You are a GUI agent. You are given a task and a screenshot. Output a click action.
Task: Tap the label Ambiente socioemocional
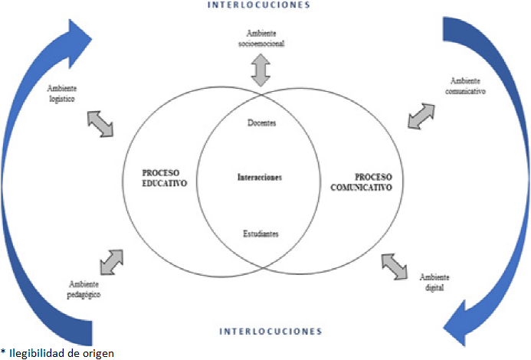261,39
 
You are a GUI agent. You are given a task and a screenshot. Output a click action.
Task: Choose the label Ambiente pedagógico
84,289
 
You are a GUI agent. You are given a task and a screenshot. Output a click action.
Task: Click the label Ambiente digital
434,282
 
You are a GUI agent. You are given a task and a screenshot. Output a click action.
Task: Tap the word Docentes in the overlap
262,123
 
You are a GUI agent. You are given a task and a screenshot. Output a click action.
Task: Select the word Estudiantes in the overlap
261,233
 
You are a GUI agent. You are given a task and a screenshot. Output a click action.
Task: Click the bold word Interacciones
261,178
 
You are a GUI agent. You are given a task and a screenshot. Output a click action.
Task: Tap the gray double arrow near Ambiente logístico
100,123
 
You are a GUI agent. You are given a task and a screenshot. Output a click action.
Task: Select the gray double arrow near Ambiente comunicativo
423,116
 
